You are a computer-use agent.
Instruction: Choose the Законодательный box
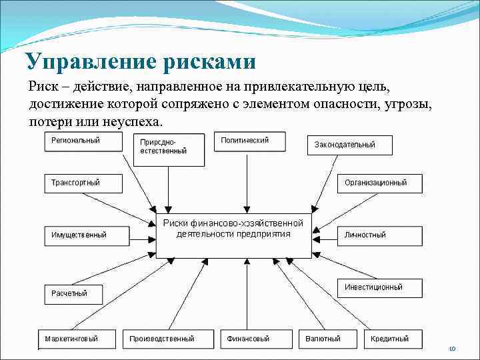[x=350, y=145]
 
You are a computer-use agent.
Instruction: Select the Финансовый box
[x=254, y=339]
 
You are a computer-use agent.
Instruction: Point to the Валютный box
[x=326, y=339]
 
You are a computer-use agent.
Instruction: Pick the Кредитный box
[x=394, y=339]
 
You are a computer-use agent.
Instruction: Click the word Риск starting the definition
[x=43, y=87]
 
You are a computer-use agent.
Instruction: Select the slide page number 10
[x=451, y=349]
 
